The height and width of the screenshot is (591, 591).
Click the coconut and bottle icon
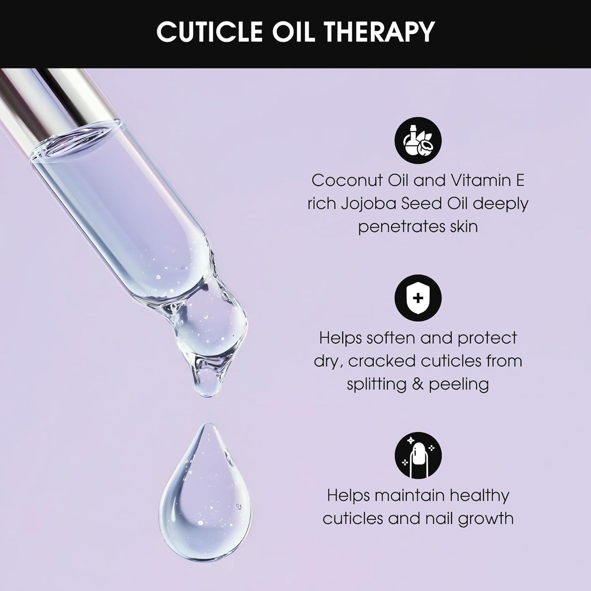[x=418, y=140]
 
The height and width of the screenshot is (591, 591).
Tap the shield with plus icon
[x=418, y=297]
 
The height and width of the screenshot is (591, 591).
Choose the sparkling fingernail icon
[x=418, y=455]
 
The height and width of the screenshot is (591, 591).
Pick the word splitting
[x=377, y=384]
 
